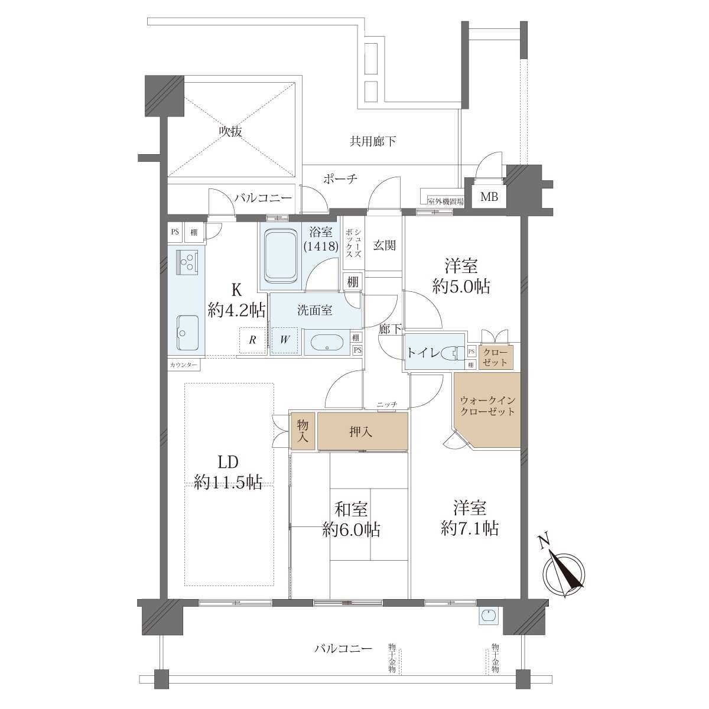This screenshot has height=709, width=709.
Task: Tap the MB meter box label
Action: [490, 197]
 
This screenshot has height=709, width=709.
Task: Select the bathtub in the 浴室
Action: [280, 260]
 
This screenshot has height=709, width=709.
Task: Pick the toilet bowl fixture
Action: [452, 353]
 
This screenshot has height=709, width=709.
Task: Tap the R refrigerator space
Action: [252, 340]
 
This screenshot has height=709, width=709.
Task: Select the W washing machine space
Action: [284, 340]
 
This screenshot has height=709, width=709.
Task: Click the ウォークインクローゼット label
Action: [487, 406]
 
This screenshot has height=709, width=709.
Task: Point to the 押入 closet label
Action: [360, 431]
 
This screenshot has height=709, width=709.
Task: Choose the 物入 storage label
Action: [303, 431]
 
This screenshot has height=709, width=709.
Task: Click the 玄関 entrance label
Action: [385, 245]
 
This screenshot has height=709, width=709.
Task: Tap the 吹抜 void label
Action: [231, 131]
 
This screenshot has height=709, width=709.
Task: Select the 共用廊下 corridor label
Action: [372, 141]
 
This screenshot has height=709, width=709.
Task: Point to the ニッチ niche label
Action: [386, 404]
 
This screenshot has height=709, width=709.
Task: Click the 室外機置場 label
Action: [445, 201]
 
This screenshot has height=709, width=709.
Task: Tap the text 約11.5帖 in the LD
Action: [228, 482]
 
